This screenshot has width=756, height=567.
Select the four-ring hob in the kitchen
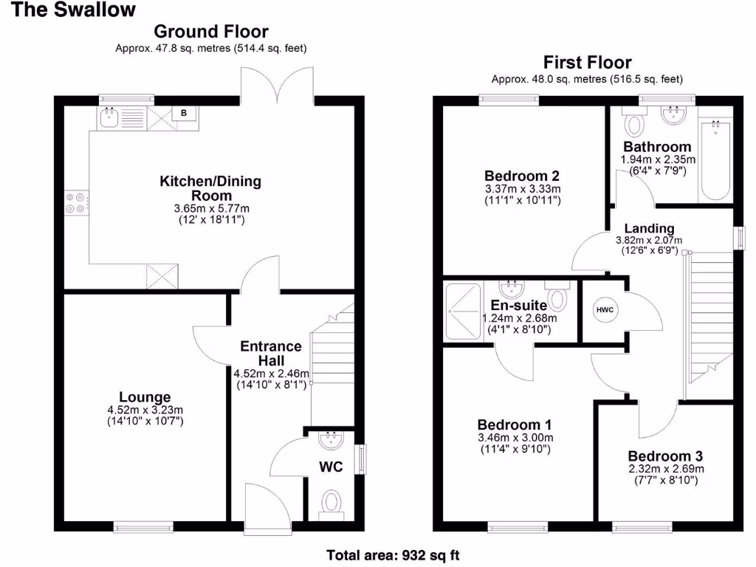(76, 202)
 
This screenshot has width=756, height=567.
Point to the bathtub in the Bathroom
(715, 160)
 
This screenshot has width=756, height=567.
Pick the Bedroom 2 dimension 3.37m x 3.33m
(522, 188)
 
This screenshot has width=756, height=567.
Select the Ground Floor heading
(210, 32)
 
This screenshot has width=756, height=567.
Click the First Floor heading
(587, 63)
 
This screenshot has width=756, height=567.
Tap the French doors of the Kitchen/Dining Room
(278, 83)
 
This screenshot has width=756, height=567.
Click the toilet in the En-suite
(558, 297)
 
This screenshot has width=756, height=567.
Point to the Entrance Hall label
(271, 353)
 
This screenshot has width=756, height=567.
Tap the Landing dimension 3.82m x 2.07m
(649, 240)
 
